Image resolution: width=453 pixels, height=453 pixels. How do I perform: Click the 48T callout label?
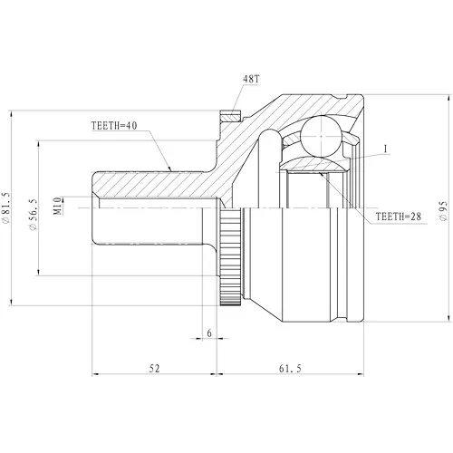coord(251,79)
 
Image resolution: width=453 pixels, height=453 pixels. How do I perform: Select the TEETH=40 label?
coord(114,126)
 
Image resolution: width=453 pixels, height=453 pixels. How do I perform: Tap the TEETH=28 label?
coord(398,217)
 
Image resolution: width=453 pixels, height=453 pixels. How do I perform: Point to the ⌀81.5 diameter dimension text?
coord(5,208)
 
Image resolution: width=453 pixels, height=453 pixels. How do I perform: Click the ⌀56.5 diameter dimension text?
coord(33,215)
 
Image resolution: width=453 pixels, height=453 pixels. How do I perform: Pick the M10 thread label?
coord(57,206)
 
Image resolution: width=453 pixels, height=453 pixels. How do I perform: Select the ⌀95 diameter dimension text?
coord(443,211)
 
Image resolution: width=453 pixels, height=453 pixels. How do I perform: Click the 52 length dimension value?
coord(154,369)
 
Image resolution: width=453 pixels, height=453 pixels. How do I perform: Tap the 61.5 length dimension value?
coord(290,369)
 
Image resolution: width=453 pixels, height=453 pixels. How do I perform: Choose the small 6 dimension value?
coord(209,333)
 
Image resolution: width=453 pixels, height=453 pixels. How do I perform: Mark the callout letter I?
coord(385,149)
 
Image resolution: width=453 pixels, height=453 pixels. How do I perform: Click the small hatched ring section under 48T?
coord(231,117)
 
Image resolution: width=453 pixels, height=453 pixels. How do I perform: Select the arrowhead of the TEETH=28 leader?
coord(322,174)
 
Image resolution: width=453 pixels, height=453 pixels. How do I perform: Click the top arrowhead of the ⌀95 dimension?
coord(448,98)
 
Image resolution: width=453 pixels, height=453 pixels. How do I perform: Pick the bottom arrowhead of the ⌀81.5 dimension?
coord(12,302)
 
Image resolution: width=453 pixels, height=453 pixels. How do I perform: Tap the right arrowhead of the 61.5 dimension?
coord(360,374)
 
